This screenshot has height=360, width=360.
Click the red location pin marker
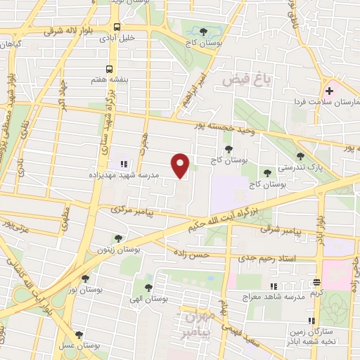point(181,165)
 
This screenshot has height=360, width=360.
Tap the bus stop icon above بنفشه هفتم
point(108,69)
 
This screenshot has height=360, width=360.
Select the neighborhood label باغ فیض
point(243,79)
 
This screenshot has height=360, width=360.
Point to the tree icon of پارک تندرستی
point(301,157)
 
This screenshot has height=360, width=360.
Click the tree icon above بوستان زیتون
point(117,239)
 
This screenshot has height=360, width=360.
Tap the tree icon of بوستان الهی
point(148,287)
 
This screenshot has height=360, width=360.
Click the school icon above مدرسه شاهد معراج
point(274,285)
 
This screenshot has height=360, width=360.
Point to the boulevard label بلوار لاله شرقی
point(70,31)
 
